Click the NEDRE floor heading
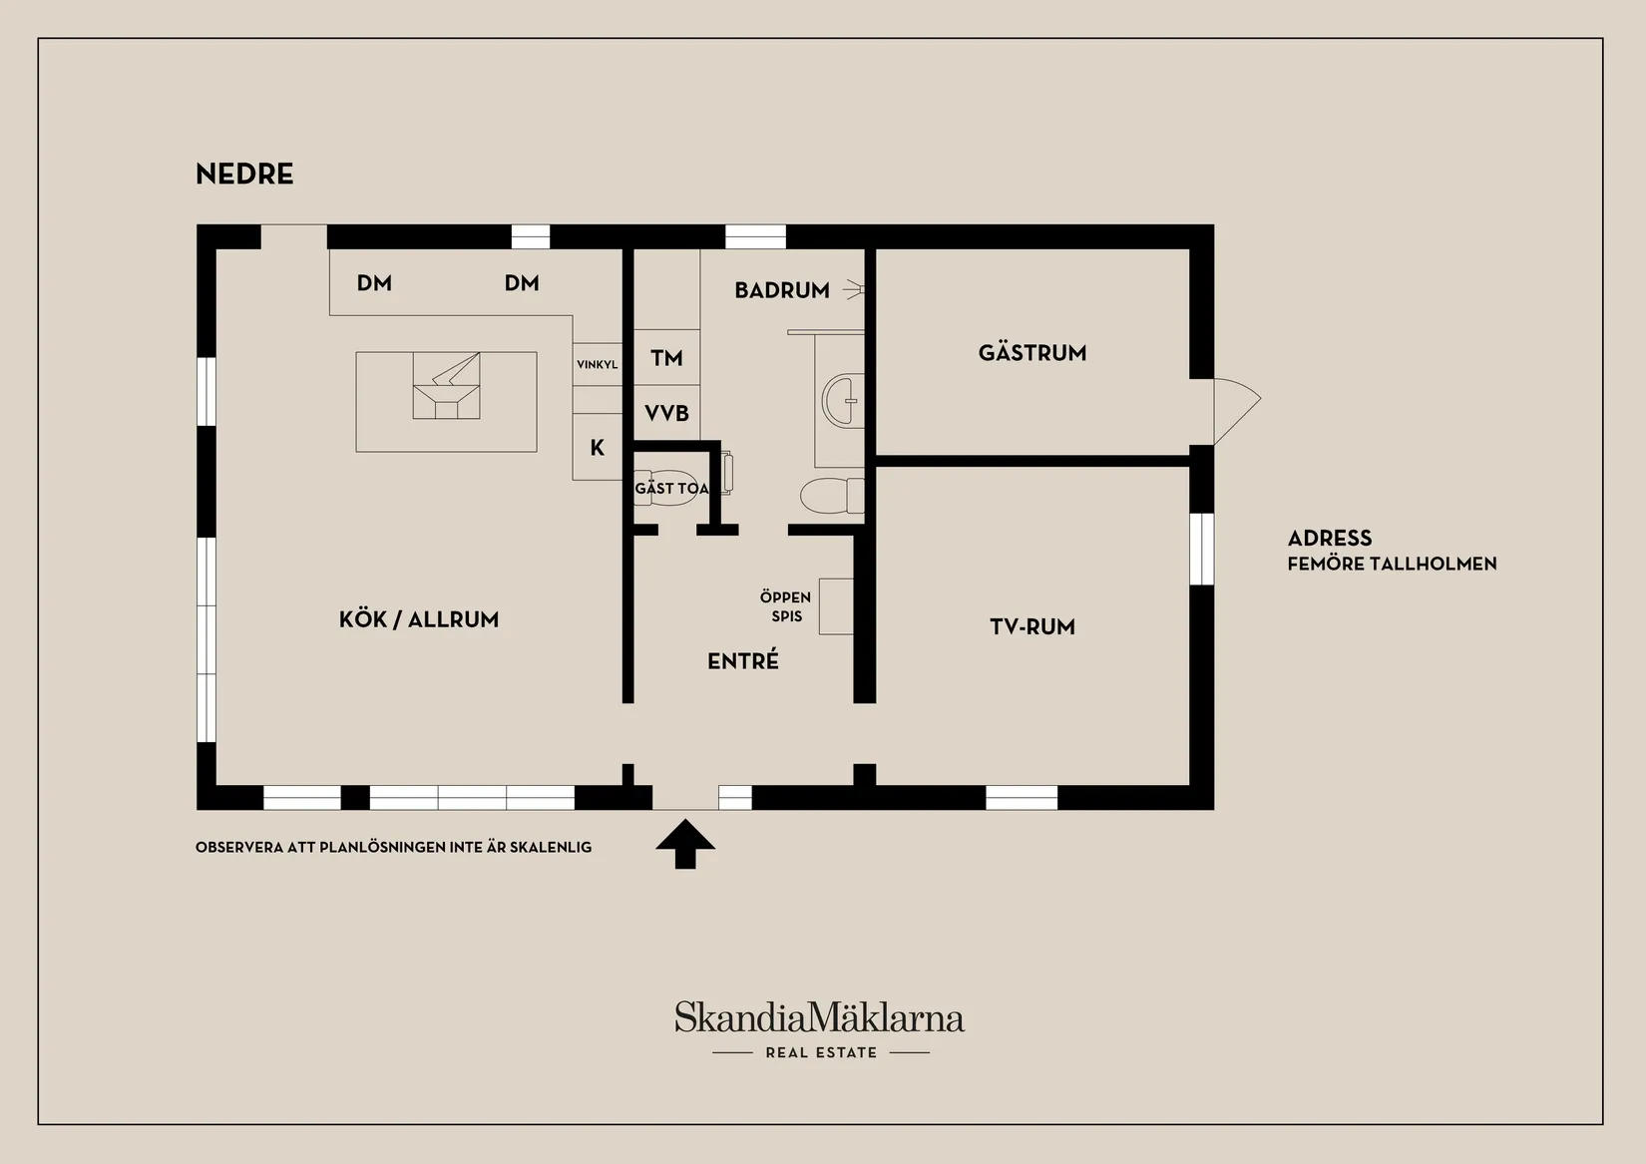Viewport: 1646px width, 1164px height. pyautogui.click(x=244, y=175)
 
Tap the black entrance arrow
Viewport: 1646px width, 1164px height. pyautogui.click(x=685, y=844)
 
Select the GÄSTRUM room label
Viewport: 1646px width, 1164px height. pyautogui.click(x=1032, y=353)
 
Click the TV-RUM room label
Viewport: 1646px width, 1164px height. pyautogui.click(x=1032, y=626)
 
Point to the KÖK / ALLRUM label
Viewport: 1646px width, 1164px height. pyautogui.click(x=419, y=619)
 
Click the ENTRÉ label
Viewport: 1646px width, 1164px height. pyautogui.click(x=743, y=660)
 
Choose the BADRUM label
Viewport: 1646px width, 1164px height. pyautogui.click(x=782, y=290)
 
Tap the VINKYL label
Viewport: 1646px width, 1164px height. pyautogui.click(x=598, y=364)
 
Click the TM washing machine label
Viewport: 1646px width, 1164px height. pyautogui.click(x=666, y=358)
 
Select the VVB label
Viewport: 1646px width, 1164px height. pyautogui.click(x=666, y=413)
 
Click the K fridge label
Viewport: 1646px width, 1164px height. pyautogui.click(x=598, y=448)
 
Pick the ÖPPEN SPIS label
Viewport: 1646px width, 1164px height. pyautogui.click(x=785, y=607)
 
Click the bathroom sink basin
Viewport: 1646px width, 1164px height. pyautogui.click(x=842, y=401)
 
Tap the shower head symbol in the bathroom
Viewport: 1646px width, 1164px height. pyautogui.click(x=853, y=289)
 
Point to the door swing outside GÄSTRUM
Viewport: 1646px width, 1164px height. pyautogui.click(x=1237, y=411)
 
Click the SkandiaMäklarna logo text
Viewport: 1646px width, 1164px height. pyautogui.click(x=820, y=1018)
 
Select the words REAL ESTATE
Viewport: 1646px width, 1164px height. pyautogui.click(x=821, y=1053)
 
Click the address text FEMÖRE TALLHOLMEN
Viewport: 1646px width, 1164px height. pyautogui.click(x=1392, y=564)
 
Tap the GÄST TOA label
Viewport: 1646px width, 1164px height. pyautogui.click(x=671, y=488)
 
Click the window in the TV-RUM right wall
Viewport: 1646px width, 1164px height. pyautogui.click(x=1201, y=549)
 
